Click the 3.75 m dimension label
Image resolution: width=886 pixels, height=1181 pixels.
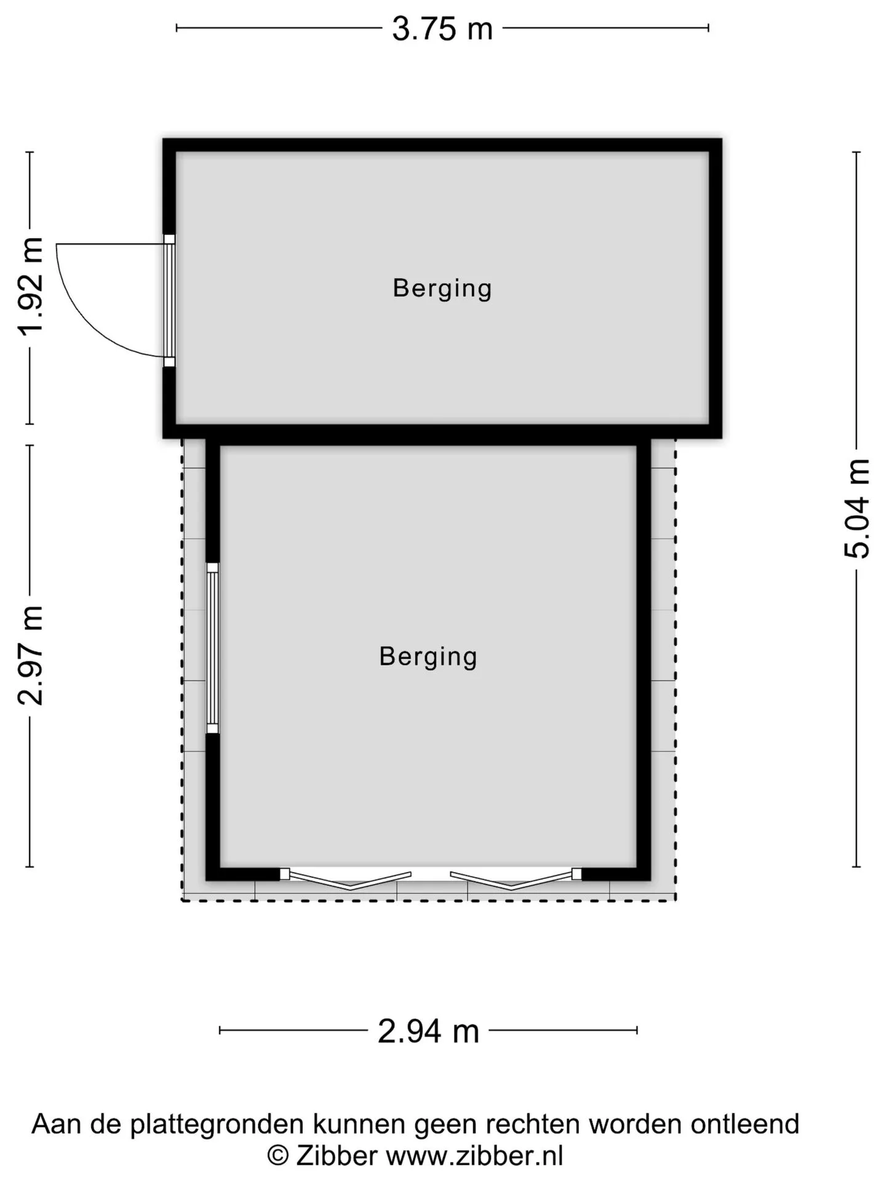tap(442, 28)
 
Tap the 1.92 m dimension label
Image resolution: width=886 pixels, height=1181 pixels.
tap(30, 287)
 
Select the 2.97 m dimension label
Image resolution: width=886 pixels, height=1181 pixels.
tap(30, 655)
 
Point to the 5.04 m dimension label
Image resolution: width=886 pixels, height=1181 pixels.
tap(856, 509)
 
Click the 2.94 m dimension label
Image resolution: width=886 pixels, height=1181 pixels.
tap(428, 1031)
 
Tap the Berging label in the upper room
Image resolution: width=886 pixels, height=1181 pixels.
tap(442, 288)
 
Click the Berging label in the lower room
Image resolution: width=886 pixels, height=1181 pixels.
tap(428, 657)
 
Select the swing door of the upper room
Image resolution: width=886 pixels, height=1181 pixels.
tap(169, 301)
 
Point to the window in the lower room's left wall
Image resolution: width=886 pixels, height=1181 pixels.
tap(212, 648)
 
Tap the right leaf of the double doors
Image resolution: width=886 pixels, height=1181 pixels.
tap(516, 878)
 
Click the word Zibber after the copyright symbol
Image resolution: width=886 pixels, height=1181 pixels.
tap(337, 1156)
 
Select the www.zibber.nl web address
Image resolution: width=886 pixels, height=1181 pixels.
tap(474, 1156)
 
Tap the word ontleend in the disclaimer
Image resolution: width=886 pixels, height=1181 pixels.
tap(745, 1124)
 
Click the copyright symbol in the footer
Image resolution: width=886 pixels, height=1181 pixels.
tap(277, 1156)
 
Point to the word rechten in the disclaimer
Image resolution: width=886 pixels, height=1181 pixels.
tap(533, 1124)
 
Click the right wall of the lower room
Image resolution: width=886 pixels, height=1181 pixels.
tap(644, 659)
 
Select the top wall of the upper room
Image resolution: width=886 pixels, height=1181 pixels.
tap(442, 145)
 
